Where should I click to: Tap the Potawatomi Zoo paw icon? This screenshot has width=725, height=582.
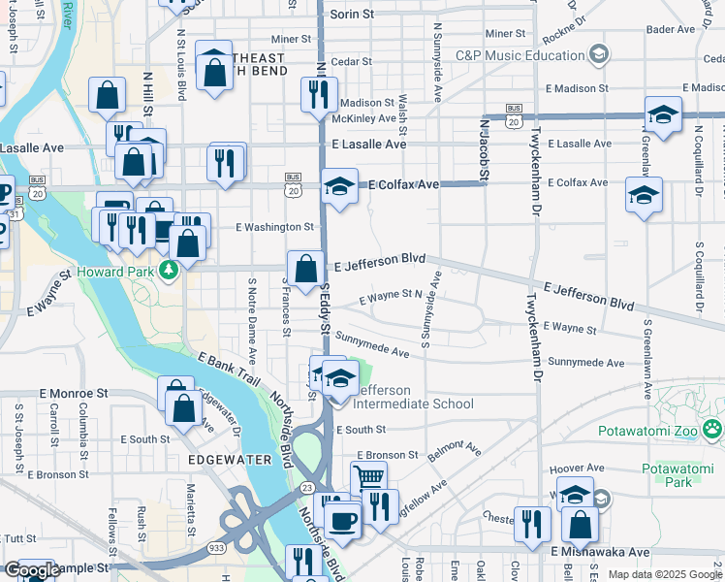point(713,426)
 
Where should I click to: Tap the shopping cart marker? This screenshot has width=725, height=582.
point(368,477)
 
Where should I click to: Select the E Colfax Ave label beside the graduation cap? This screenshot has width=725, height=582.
point(399,183)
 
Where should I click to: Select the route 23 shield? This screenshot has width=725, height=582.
point(305,487)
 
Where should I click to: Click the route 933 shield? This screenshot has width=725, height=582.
point(214,548)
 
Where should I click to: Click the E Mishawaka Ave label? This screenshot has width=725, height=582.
point(607,551)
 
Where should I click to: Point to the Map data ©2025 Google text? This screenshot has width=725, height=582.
point(665,574)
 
